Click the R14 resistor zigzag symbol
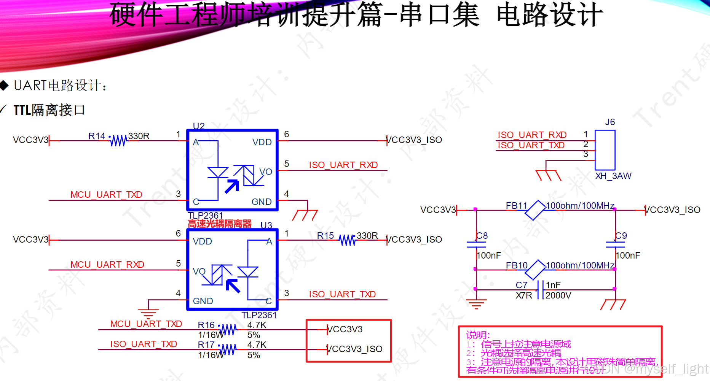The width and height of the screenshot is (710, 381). point(118,141)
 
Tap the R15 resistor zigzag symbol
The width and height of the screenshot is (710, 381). point(347,240)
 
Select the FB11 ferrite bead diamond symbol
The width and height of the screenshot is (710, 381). point(535,210)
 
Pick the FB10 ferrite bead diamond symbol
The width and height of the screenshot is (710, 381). point(535,270)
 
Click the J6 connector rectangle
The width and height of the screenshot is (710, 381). point(605,150)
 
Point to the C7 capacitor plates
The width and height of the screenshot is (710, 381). point(540,290)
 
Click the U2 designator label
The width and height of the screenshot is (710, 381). point(199,126)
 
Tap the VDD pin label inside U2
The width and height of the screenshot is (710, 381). point(262,142)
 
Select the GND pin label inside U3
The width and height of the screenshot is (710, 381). point(203,301)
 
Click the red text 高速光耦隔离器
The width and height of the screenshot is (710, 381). point(220,224)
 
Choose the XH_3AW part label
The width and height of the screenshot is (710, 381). point(613,176)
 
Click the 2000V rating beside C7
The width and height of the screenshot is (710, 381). point(558,295)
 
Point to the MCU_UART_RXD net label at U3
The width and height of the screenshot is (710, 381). point(107,265)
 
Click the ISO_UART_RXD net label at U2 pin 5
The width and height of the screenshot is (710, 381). point(343,165)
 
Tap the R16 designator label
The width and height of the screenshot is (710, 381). point(206,325)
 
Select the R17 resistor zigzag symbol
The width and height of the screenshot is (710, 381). point(228,349)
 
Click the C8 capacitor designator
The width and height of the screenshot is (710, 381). point(482,236)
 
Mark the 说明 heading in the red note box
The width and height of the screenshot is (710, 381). point(478,335)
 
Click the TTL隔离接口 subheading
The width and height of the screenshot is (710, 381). point(49,110)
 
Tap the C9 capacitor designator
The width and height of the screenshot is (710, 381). point(621,236)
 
